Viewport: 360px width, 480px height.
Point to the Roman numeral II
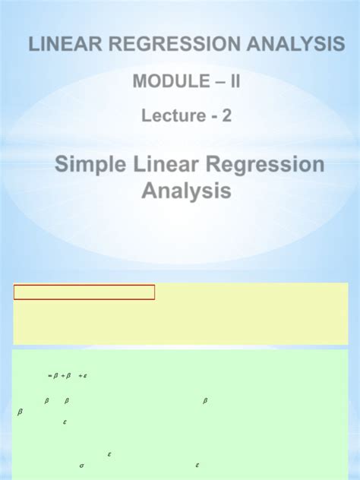[232, 81]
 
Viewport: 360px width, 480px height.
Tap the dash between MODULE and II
[207, 81]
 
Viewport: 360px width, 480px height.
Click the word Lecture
[172, 116]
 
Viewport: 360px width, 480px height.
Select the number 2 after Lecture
[227, 116]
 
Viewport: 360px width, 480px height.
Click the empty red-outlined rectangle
[84, 292]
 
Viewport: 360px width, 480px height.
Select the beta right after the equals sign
[55, 375]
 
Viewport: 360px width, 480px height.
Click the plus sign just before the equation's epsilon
[80, 375]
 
